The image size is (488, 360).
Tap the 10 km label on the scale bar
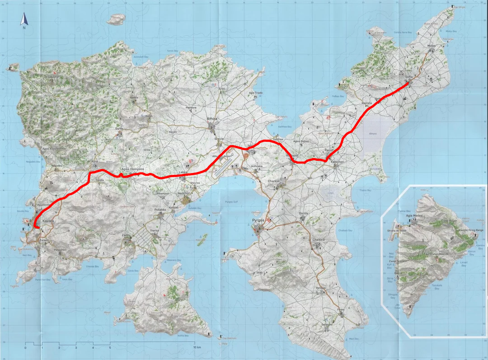tap(197, 347)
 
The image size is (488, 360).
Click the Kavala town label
tap(47, 221)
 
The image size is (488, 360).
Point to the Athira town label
tap(212, 119)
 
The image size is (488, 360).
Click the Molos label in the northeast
tap(432, 47)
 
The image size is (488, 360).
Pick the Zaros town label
tap(126, 236)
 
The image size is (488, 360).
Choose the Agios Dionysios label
tap(132, 169)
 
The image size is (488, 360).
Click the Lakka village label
tap(183, 173)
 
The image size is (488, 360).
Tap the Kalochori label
tap(337, 161)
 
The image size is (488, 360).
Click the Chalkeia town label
tap(319, 240)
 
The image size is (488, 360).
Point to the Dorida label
tap(303, 213)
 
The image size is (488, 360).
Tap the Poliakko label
tap(161, 210)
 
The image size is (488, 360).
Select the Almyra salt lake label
tap(373, 134)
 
